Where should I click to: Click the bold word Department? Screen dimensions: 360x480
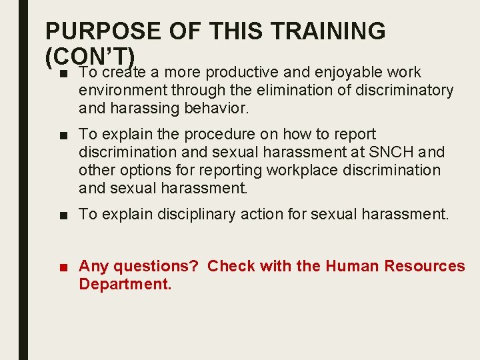tap(124, 285)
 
